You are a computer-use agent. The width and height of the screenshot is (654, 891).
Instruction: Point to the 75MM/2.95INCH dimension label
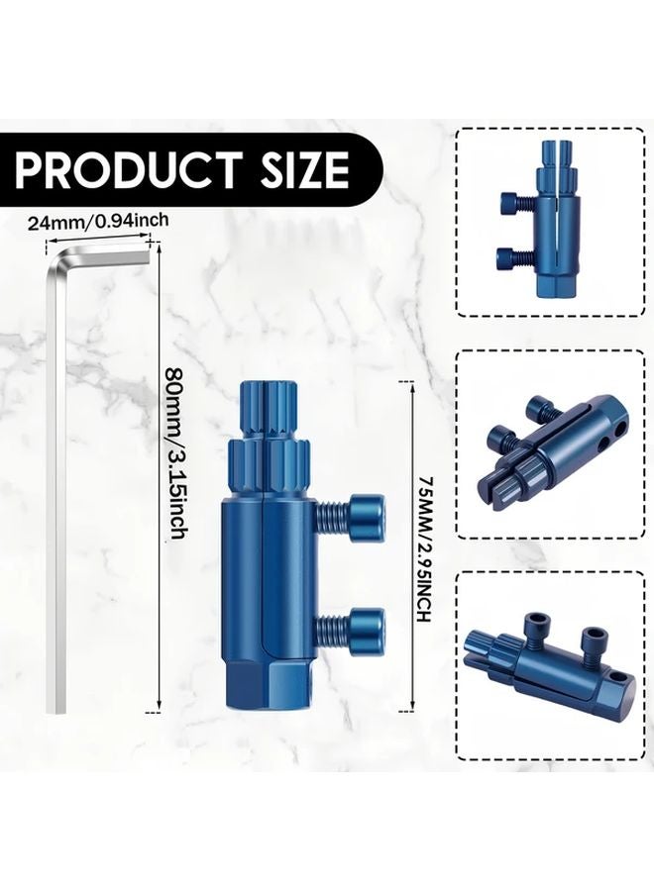tap(424, 547)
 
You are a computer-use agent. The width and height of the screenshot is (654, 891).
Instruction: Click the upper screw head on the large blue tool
tap(369, 513)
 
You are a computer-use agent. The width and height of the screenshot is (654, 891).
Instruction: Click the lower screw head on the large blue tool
tap(369, 626)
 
